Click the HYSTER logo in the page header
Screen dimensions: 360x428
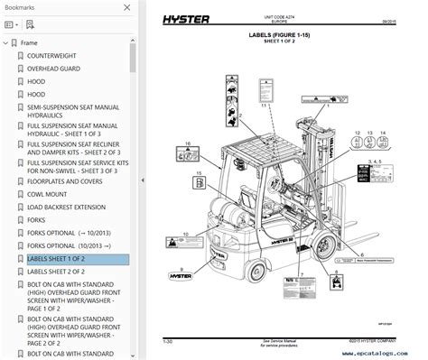[191, 22]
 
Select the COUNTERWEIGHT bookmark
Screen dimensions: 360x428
[52, 56]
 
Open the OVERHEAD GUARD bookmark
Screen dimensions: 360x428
[54, 68]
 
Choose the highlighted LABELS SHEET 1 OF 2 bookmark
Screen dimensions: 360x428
[56, 259]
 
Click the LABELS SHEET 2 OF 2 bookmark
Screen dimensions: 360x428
[56, 271]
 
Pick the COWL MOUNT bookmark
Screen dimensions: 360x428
[46, 193]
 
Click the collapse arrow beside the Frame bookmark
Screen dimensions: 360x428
[9, 42]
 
